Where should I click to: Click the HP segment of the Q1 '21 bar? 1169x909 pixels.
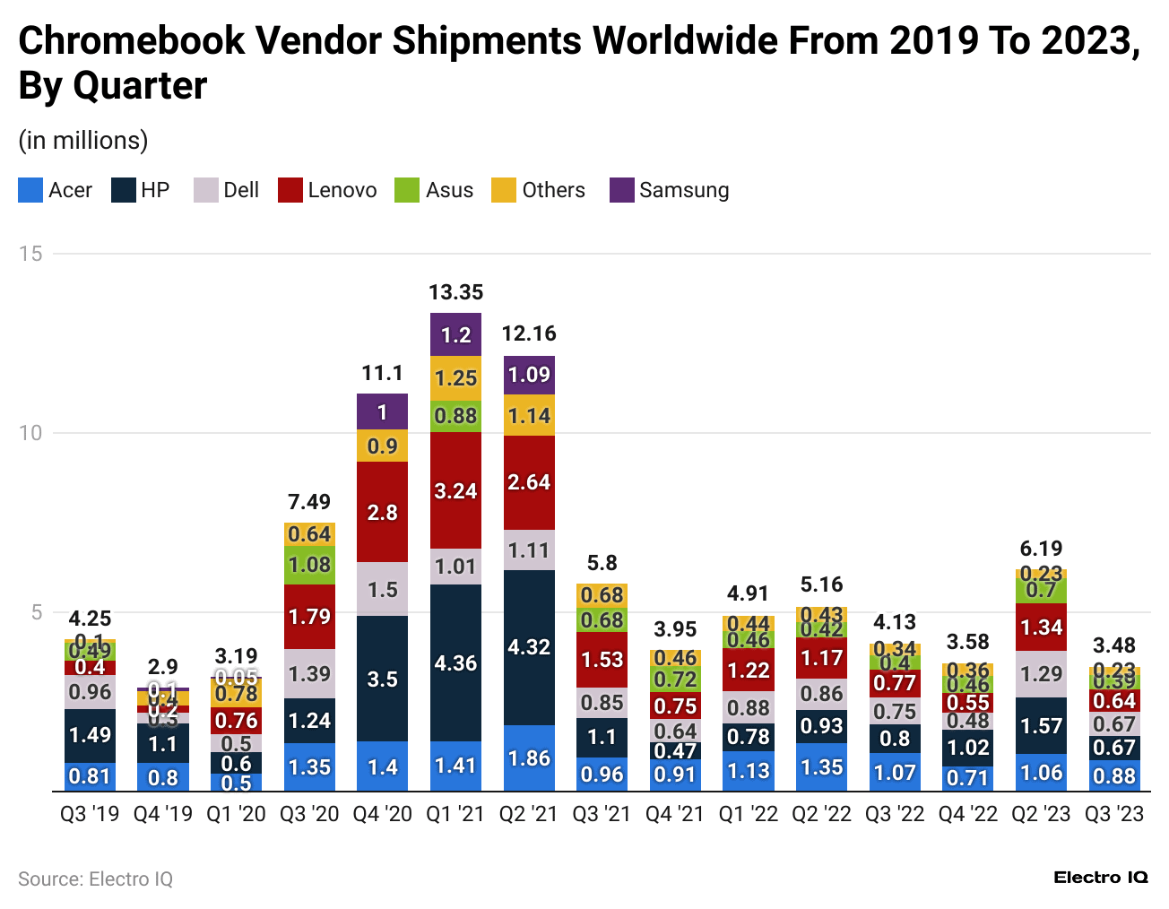point(455,662)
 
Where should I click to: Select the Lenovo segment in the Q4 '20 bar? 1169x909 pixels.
point(382,512)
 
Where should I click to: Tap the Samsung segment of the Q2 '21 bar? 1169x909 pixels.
point(529,375)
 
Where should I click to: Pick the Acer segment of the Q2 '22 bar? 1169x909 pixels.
point(821,767)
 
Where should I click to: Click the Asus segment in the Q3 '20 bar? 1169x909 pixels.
point(309,565)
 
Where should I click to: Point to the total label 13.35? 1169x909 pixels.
point(455,292)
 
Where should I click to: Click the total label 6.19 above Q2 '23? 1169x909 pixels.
point(1041,549)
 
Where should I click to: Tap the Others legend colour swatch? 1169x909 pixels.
point(503,190)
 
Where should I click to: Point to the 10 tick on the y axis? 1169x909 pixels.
point(31,433)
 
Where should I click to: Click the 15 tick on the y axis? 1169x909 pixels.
point(31,254)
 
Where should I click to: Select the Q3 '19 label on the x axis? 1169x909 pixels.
point(90,814)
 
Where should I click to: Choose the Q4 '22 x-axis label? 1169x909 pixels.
point(967,814)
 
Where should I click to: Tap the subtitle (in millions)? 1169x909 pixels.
point(83,141)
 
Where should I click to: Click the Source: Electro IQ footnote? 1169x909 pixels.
point(95,879)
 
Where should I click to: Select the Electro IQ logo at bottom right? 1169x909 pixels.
point(1100,878)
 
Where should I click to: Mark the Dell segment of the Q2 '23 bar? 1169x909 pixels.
point(1041,674)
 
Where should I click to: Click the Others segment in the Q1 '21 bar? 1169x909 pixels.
point(455,378)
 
